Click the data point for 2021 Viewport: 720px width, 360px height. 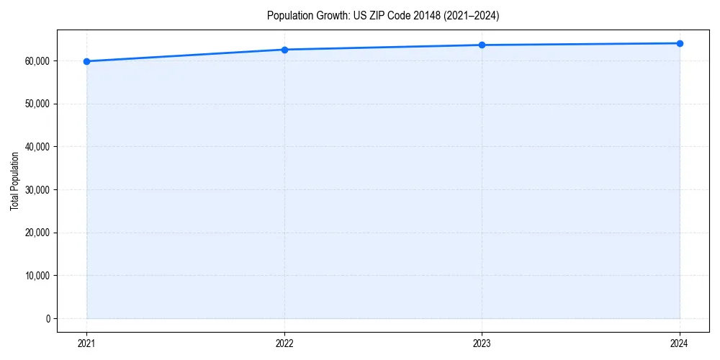pyautogui.click(x=87, y=61)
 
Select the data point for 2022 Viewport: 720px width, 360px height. pyautogui.click(x=284, y=50)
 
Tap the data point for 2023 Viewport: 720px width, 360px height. pyautogui.click(x=482, y=45)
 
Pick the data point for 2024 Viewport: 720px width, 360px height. pyautogui.click(x=680, y=43)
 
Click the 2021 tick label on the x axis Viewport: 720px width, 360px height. pyautogui.click(x=87, y=343)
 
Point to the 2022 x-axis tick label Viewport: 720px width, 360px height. pyautogui.click(x=284, y=343)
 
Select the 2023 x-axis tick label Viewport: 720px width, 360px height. pyautogui.click(x=482, y=343)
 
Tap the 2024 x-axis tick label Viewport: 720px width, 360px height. pyautogui.click(x=680, y=343)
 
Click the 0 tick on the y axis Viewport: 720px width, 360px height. pyautogui.click(x=48, y=318)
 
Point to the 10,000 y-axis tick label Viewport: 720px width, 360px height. pyautogui.click(x=37, y=276)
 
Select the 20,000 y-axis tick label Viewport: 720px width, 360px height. pyautogui.click(x=37, y=233)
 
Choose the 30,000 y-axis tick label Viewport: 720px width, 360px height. pyautogui.click(x=37, y=190)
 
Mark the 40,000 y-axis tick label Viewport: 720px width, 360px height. pyautogui.click(x=37, y=147)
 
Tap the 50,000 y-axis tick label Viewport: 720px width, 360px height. pyautogui.click(x=37, y=104)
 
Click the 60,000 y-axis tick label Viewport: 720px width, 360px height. pyautogui.click(x=37, y=61)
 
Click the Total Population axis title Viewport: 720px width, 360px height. pyautogui.click(x=14, y=181)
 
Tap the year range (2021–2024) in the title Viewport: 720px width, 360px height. pyautogui.click(x=472, y=15)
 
